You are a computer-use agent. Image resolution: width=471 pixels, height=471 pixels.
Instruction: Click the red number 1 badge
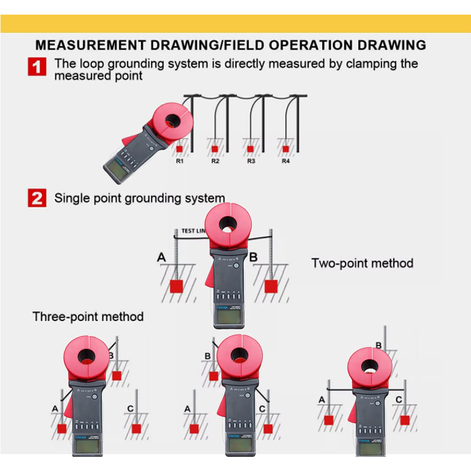click(37, 66)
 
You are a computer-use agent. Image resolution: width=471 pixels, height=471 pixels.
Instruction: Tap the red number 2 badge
click(37, 198)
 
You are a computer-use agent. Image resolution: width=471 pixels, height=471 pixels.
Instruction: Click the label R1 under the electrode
click(179, 161)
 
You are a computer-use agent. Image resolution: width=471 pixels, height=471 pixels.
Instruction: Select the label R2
click(215, 161)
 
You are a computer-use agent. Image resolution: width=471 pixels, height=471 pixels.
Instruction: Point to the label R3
click(251, 161)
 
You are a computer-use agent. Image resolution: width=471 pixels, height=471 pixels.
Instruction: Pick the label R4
click(285, 161)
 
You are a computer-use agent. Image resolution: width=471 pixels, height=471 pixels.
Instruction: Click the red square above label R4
click(285, 149)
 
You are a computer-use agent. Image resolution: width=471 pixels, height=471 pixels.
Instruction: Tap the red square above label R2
click(215, 149)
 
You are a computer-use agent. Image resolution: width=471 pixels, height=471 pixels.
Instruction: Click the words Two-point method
click(362, 263)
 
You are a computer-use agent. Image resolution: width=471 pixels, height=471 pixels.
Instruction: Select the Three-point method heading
click(88, 316)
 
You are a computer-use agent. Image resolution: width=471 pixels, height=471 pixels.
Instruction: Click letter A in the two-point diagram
click(162, 258)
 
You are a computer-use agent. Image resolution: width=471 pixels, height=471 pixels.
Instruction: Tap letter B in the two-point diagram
click(253, 257)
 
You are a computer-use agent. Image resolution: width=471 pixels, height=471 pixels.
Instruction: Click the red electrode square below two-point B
click(270, 286)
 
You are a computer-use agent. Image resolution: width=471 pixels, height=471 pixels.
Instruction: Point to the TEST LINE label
click(193, 231)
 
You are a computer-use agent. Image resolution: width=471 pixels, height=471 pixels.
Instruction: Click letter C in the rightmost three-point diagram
click(398, 400)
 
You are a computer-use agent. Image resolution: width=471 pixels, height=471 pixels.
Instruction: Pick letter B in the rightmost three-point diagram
click(378, 345)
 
